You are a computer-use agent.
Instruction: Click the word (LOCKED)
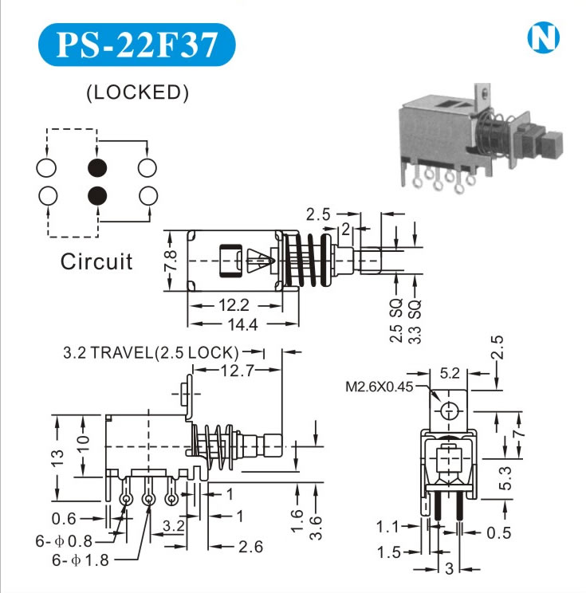point(137,92)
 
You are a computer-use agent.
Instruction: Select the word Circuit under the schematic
point(96,261)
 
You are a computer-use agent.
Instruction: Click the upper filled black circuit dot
point(97,167)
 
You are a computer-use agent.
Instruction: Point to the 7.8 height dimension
point(171,260)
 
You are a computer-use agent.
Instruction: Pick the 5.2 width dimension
point(450,371)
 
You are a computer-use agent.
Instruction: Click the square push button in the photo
point(550,143)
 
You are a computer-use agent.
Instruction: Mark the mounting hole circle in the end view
point(450,411)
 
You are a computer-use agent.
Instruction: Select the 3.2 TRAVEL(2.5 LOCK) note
point(151,351)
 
